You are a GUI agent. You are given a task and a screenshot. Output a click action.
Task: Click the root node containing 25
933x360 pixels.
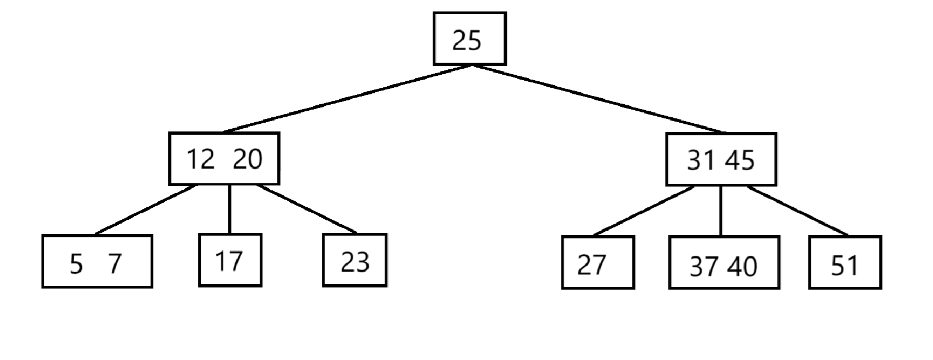tap(469, 39)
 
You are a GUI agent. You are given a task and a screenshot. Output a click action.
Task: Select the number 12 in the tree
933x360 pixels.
tap(201, 159)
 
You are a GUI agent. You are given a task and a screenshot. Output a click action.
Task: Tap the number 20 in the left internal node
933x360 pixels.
tap(248, 159)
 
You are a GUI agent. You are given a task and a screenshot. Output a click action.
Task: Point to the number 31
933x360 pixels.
tap(701, 160)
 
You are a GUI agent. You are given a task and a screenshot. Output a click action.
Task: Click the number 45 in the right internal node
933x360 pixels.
tap(739, 160)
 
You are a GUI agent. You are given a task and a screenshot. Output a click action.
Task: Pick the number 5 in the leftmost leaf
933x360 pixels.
tap(76, 265)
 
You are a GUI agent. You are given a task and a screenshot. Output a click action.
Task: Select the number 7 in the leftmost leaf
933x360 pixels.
tap(115, 265)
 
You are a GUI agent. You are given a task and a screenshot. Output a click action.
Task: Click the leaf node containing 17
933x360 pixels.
tap(230, 260)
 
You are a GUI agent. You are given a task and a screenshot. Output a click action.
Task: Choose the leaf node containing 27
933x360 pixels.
tap(597, 263)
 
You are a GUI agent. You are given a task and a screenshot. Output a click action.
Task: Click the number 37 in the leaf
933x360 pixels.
tap(704, 266)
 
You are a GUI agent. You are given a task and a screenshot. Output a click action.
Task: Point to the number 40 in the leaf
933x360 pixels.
tap(743, 266)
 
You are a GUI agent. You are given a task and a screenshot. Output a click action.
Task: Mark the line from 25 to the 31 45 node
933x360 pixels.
tap(597, 99)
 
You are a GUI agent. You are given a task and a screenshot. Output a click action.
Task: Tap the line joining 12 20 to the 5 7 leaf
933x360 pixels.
tap(145, 210)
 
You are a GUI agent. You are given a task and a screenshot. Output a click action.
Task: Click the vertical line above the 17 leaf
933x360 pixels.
tap(229, 210)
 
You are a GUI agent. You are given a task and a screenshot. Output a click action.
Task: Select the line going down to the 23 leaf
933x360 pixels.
tap(307, 209)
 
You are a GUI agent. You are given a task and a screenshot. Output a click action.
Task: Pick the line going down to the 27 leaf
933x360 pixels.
tap(644, 211)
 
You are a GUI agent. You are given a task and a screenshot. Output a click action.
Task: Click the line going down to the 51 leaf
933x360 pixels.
tap(798, 211)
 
